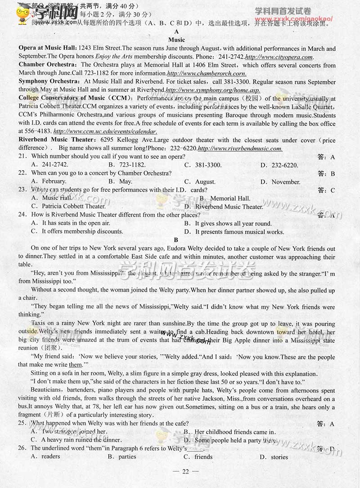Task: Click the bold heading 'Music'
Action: pyautogui.click(x=176, y=40)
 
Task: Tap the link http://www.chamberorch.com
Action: pyautogui.click(x=207, y=73)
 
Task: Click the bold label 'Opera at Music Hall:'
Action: pyautogui.click(x=48, y=49)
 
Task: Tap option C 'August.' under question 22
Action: pyautogui.click(x=205, y=182)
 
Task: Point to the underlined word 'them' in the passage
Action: pyautogui.click(x=76, y=365)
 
